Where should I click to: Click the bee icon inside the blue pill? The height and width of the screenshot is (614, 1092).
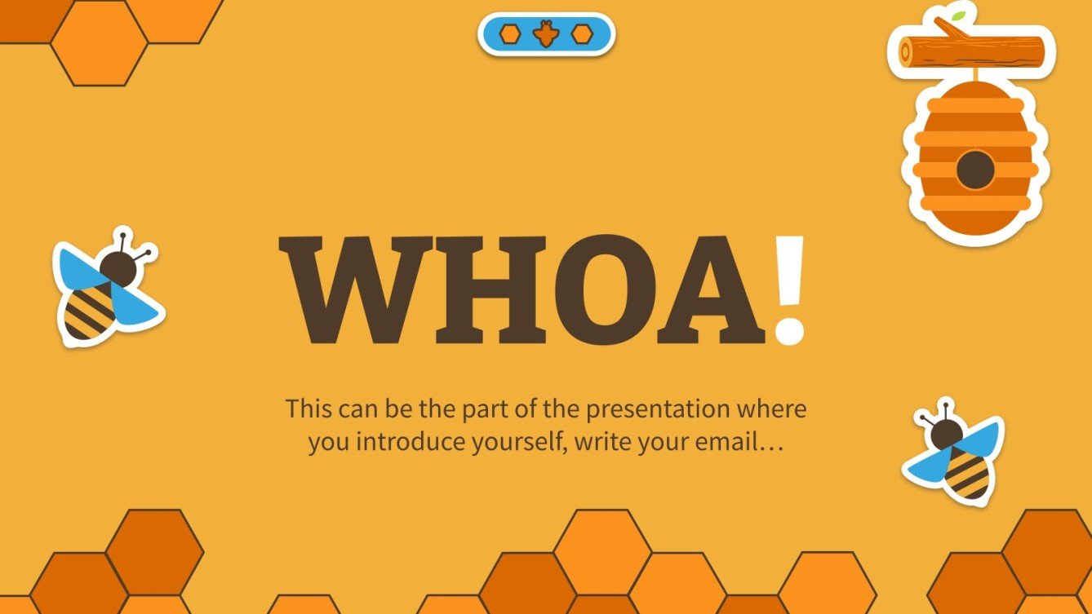pos(546,34)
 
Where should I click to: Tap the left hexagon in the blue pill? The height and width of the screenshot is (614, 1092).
pos(511,34)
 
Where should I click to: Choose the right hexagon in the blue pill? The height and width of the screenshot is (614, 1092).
pos(581,34)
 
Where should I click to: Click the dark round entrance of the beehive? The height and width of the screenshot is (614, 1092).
pos(975,170)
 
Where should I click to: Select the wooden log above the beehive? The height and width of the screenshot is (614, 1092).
pos(971,51)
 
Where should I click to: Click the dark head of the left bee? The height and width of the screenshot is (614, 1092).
pos(118,267)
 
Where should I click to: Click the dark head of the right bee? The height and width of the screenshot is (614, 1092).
pos(946,433)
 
